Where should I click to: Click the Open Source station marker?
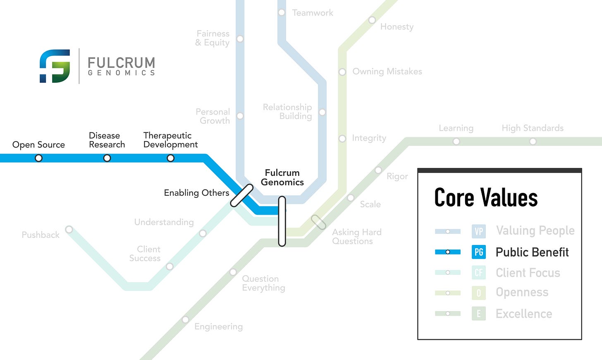tap(38, 158)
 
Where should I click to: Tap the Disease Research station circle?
tap(107, 158)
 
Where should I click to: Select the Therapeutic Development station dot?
tap(170, 158)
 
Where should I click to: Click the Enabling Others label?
tap(196, 193)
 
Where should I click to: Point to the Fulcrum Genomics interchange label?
tap(282, 178)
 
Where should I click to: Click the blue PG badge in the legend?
tap(479, 252)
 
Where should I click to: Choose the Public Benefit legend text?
tap(532, 252)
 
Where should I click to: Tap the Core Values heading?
tap(486, 197)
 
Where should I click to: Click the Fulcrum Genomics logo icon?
tap(55, 66)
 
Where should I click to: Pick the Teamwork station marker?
tap(282, 12)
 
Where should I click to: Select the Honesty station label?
tap(397, 27)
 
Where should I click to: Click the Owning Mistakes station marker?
tap(342, 72)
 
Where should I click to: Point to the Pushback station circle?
tap(69, 230)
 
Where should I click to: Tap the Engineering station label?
tap(219, 326)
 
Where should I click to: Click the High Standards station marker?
tap(533, 142)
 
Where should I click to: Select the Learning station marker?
tap(456, 142)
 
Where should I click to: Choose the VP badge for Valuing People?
tap(479, 231)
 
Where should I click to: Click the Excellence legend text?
tap(524, 314)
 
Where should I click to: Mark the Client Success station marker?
tap(170, 266)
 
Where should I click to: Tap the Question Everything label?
tap(263, 283)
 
